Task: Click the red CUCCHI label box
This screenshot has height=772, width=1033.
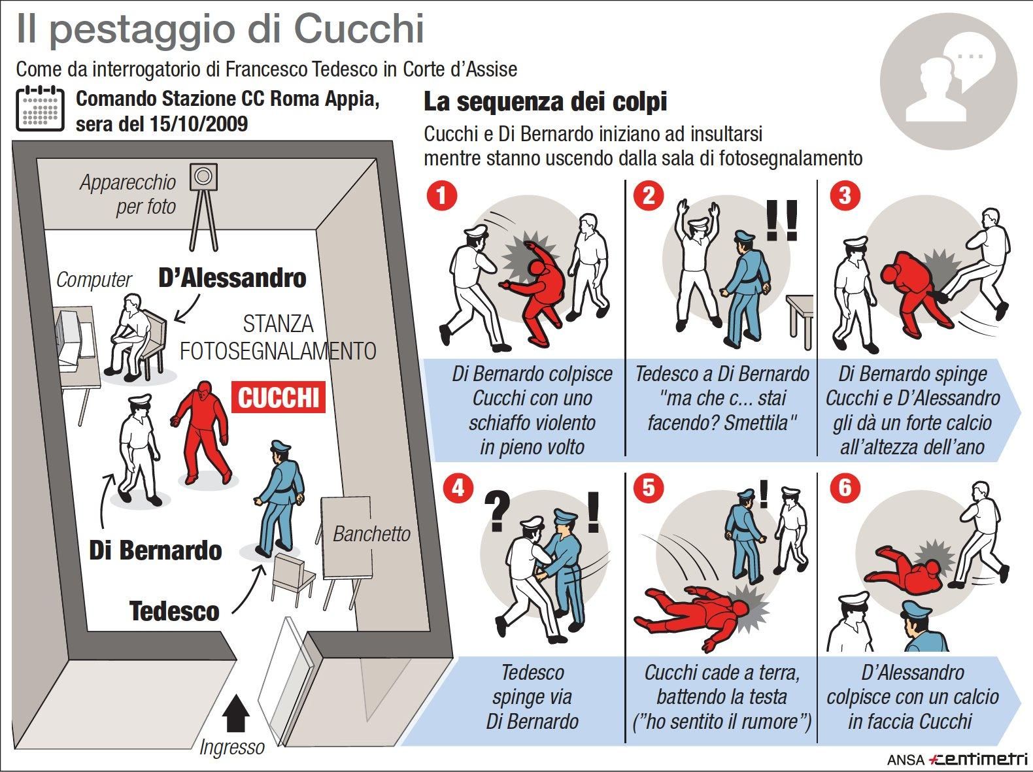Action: point(278,397)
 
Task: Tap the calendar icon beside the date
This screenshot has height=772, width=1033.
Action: point(40,109)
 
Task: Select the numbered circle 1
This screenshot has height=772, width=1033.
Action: point(441,195)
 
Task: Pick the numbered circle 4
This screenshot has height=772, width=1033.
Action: point(458,488)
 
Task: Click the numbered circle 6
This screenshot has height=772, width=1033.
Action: point(845,487)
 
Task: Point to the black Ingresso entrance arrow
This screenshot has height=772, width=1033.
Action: point(235,714)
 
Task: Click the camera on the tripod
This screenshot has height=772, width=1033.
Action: point(203,176)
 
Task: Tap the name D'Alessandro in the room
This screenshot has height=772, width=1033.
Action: point(232,278)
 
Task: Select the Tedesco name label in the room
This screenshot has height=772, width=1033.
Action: point(174,611)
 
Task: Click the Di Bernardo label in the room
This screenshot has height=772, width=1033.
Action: point(156,550)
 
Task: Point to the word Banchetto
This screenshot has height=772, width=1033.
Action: point(371,534)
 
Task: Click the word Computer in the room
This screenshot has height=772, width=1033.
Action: point(93,279)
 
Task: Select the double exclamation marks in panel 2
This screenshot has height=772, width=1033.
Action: point(782,221)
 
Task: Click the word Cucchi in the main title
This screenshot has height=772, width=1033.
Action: point(359,29)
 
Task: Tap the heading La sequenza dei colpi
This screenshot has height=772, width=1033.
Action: point(545,101)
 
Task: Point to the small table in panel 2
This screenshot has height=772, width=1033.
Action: point(800,320)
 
